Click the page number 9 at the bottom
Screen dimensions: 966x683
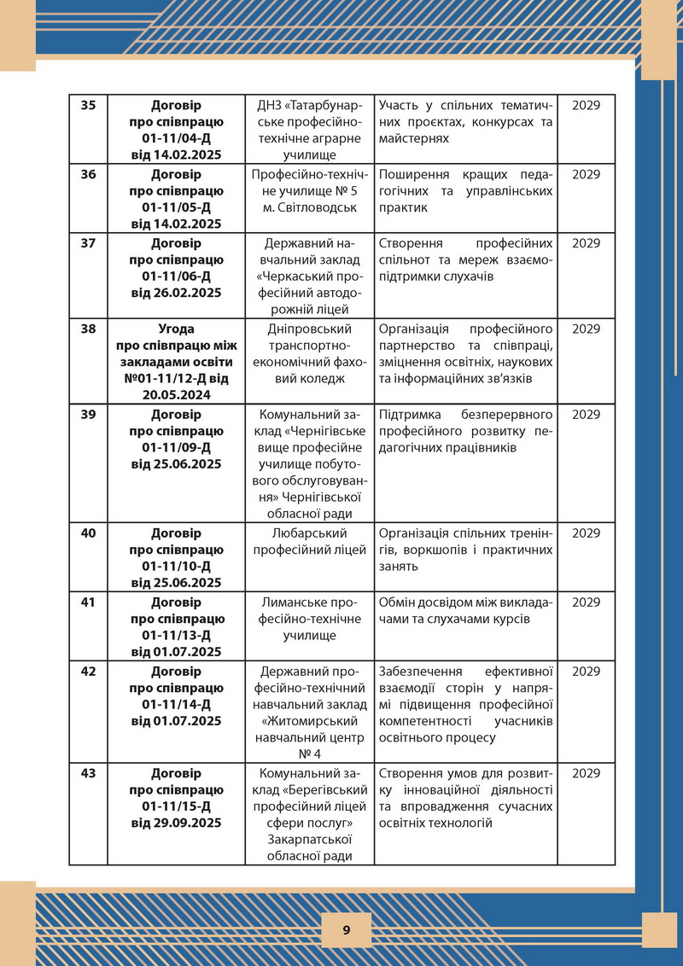click(346, 930)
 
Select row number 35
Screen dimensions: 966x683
click(88, 106)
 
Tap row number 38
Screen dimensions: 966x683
click(88, 329)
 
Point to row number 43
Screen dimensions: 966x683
click(88, 773)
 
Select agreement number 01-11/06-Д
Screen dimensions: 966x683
click(177, 276)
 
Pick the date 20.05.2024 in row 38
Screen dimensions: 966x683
click(177, 396)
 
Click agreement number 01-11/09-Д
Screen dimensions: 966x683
click(177, 447)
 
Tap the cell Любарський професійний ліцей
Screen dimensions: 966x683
click(310, 541)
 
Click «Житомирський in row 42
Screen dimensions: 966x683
click(310, 720)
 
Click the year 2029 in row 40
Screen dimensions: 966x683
click(587, 532)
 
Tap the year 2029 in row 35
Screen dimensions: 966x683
click(587, 106)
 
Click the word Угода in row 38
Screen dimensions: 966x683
click(177, 329)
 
